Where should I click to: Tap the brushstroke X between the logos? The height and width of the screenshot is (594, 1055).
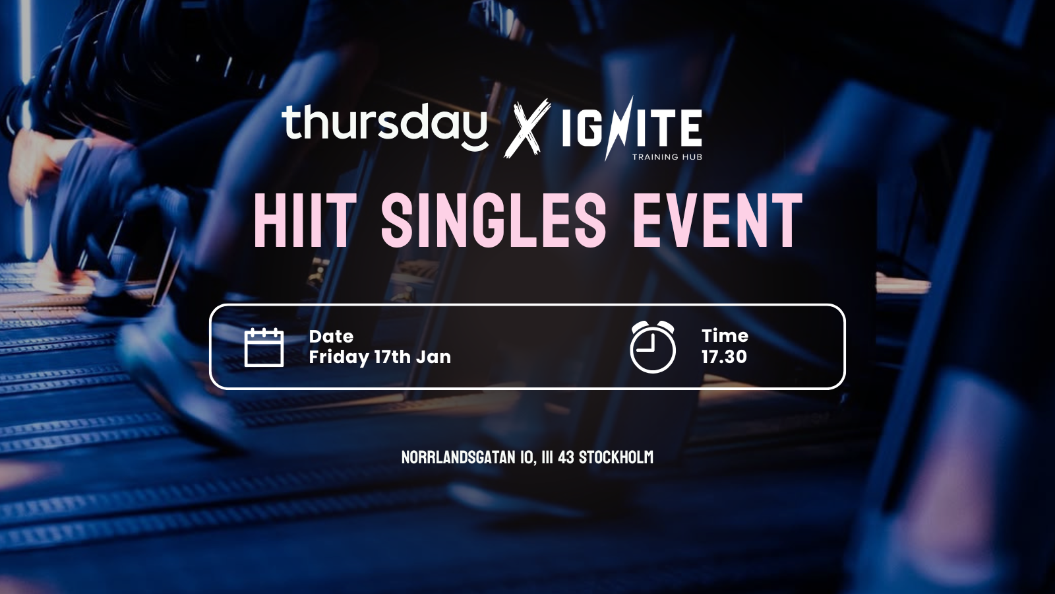tap(527, 128)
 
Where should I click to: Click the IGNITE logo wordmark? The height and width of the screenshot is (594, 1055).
tap(632, 127)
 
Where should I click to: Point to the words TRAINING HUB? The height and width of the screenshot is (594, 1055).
tap(667, 156)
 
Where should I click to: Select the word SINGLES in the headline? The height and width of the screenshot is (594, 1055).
tap(493, 220)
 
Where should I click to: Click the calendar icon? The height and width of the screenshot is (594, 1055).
tap(264, 347)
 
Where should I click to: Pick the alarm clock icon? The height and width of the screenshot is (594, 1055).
tap(653, 346)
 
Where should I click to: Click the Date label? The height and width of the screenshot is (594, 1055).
tap(331, 336)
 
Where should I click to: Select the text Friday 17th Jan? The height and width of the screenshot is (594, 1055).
tap(380, 357)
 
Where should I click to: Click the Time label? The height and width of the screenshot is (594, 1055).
tap(725, 336)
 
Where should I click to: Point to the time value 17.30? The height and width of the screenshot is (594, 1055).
tap(724, 356)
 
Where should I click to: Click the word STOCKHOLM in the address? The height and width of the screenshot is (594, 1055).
tap(616, 457)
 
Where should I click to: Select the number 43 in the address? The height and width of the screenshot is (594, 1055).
tap(566, 457)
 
